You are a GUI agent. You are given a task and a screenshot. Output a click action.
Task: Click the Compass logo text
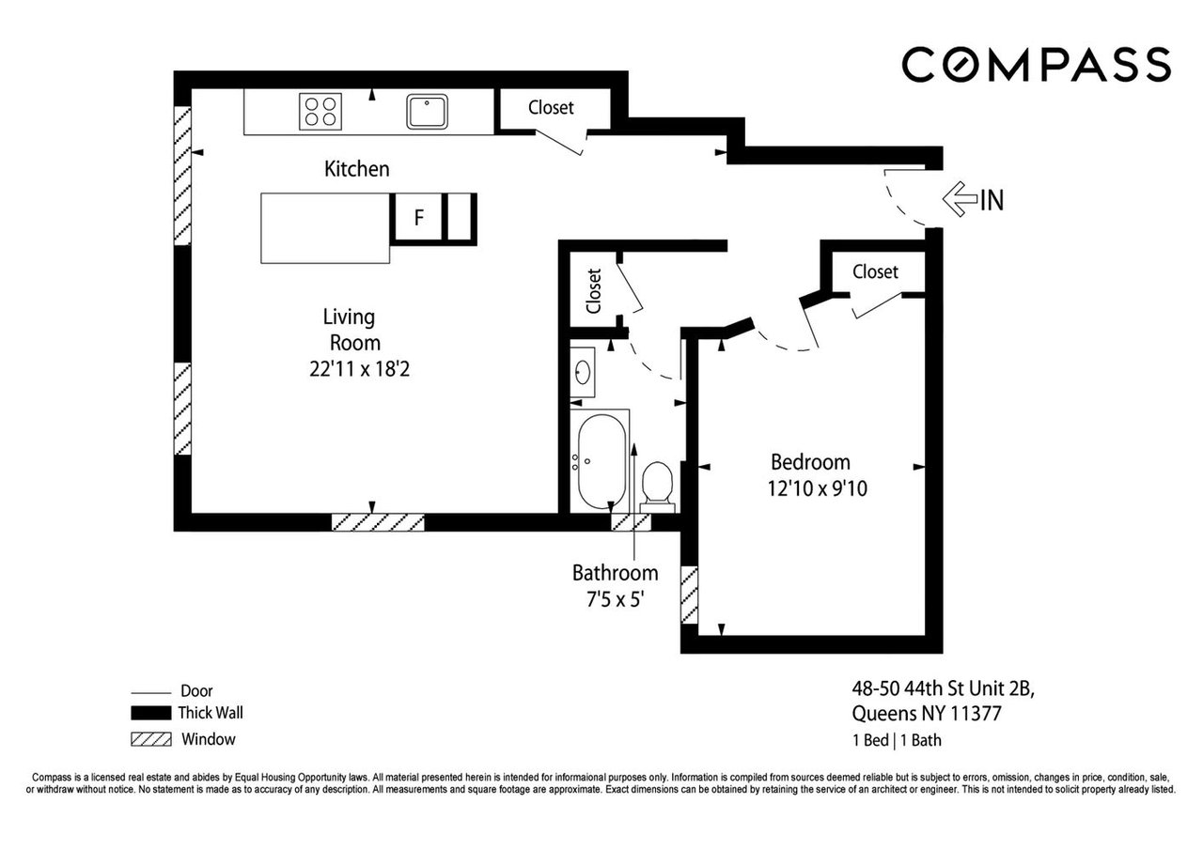pos(1036,65)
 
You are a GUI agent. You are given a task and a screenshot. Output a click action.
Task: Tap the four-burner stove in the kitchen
pos(320,112)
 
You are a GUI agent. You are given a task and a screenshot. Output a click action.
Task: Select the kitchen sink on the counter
pos(427,112)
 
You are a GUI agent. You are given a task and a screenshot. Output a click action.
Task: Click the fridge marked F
pos(419,217)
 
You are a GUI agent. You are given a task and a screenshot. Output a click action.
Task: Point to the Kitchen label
pos(356,169)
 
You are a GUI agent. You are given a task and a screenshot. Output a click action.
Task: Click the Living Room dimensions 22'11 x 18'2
pos(359,369)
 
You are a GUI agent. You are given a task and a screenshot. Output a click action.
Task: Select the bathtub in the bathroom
pos(601,461)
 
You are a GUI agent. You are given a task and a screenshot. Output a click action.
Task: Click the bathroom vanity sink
pos(583,372)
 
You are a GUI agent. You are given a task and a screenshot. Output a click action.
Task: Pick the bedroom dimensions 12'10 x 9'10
pos(817,488)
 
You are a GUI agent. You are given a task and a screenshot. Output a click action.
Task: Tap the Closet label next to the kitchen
pos(551,107)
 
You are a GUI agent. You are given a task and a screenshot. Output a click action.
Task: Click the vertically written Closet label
pos(593,291)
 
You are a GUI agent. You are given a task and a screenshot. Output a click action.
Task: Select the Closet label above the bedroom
pos(875,271)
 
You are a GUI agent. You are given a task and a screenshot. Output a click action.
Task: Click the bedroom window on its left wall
pos(689,595)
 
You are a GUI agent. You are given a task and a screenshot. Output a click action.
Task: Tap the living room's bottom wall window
pos(378,522)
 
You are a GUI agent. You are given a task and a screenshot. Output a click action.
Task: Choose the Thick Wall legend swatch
pos(151,713)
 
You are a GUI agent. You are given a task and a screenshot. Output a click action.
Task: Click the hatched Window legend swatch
pos(151,739)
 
